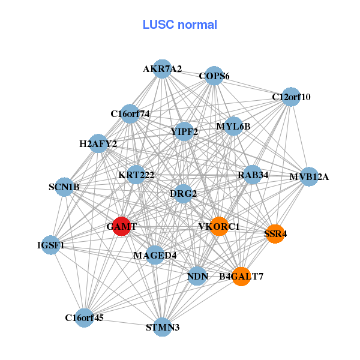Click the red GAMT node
tap(121, 226)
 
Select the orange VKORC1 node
tap(219, 226)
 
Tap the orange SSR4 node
tap(274, 233)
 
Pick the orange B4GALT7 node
tap(241, 277)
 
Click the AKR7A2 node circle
tap(161, 69)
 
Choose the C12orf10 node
tap(290, 97)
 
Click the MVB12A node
tap(308, 176)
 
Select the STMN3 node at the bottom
tap(162, 327)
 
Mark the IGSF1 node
tap(51, 245)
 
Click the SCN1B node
tap(64, 187)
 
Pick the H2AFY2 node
tap(98, 144)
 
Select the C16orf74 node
tap(130, 113)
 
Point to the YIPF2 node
tap(184, 131)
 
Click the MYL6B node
tap(233, 127)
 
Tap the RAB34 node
tap(253, 175)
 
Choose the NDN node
tap(197, 277)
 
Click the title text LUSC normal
tap(179, 25)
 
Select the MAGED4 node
tap(155, 255)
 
